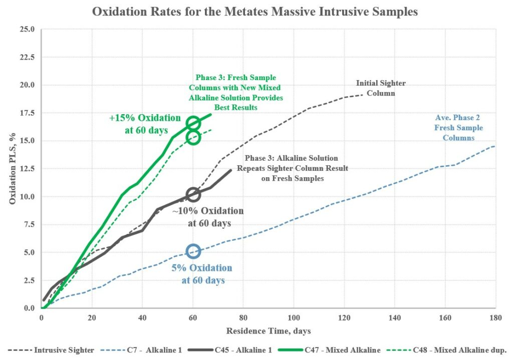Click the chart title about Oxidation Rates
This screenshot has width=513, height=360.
[254, 12]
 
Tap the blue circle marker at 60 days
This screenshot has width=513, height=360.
[193, 251]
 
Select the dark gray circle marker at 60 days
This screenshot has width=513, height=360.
[193, 194]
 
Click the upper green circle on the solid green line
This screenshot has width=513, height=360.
[193, 123]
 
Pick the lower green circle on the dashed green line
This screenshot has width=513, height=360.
[193, 137]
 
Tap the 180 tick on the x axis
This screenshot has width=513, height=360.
[495, 318]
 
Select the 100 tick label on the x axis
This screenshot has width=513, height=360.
[294, 318]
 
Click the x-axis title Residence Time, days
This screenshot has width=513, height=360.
[269, 331]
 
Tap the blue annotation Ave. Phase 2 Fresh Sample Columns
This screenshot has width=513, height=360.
[459, 128]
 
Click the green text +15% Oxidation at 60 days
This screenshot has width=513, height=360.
[145, 124]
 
